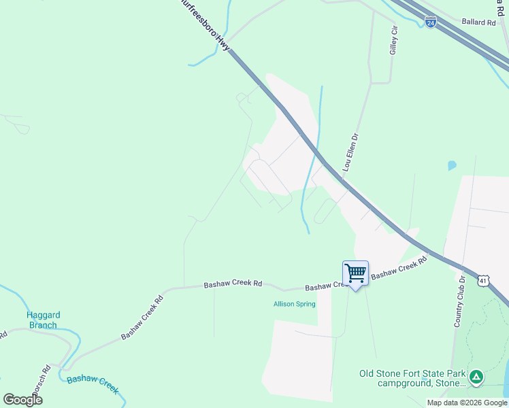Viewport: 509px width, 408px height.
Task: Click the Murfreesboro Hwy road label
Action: (205, 24)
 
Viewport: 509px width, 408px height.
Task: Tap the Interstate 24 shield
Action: (431, 22)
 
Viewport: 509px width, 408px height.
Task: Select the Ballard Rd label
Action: (478, 22)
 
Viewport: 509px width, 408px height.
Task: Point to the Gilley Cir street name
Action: (393, 41)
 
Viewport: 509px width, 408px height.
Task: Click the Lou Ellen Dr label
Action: (350, 152)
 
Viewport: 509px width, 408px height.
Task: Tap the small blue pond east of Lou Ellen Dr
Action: (452, 165)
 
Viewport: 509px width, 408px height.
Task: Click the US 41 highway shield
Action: (482, 280)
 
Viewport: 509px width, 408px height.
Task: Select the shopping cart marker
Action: (355, 273)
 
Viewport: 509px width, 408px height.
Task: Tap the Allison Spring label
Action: (295, 304)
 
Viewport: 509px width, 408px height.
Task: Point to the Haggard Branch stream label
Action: (42, 320)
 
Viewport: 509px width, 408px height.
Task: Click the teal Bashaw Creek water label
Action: (93, 384)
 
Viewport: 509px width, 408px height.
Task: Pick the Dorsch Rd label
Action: (42, 384)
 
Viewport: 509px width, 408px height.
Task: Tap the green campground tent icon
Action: (477, 375)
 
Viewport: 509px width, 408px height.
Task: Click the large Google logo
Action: (23, 400)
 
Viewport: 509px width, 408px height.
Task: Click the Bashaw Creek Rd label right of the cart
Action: (399, 267)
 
